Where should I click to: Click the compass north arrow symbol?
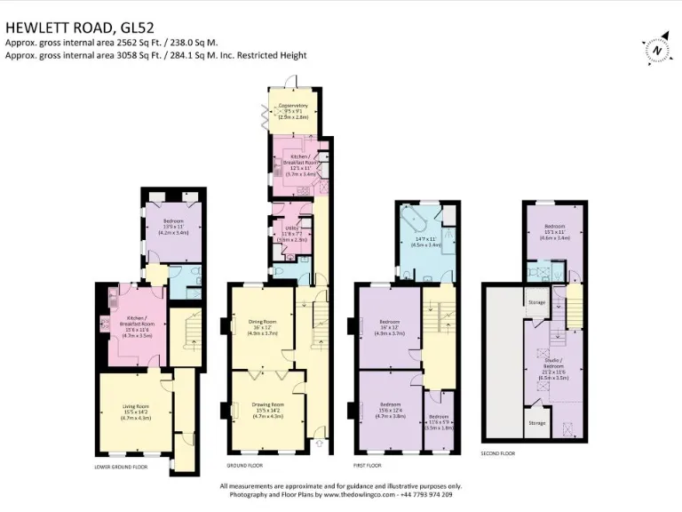656,51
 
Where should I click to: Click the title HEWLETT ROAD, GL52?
75,28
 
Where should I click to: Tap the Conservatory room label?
294,109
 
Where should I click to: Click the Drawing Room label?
261,408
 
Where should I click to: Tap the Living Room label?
135,412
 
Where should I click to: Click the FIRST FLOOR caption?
367,466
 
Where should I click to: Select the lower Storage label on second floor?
536,423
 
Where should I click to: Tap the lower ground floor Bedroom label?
172,226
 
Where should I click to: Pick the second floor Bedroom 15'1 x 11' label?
556,233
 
